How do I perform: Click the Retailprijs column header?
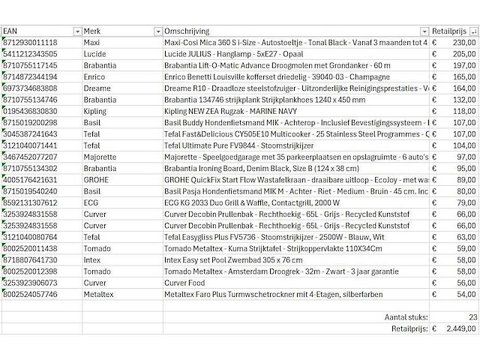pos(448,31)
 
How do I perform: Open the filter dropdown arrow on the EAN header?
pos(76,31)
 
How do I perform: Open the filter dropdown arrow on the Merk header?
pos(157,31)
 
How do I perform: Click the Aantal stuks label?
pos(404,317)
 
